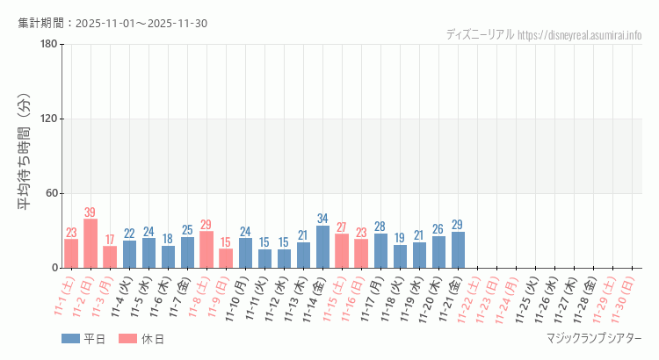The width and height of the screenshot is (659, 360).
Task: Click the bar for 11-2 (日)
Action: click(91, 243)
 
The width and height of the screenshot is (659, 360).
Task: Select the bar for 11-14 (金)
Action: click(323, 247)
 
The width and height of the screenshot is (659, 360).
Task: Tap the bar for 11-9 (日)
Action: click(226, 258)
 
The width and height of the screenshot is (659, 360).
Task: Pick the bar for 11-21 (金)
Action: click(459, 249)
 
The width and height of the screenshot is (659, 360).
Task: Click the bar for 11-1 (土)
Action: click(71, 253)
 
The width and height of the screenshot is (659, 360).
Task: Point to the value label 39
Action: click(91, 212)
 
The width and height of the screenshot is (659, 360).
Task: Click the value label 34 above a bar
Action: click(323, 219)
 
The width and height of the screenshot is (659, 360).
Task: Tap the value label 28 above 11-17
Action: click(381, 227)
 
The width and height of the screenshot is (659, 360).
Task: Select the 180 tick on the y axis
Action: click(48, 45)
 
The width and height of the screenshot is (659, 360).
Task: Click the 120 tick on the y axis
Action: click(48, 119)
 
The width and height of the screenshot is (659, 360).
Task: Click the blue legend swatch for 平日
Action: click(70, 339)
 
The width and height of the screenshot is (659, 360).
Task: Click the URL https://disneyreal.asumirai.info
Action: click(580, 35)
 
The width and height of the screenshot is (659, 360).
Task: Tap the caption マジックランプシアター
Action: click(594, 339)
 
